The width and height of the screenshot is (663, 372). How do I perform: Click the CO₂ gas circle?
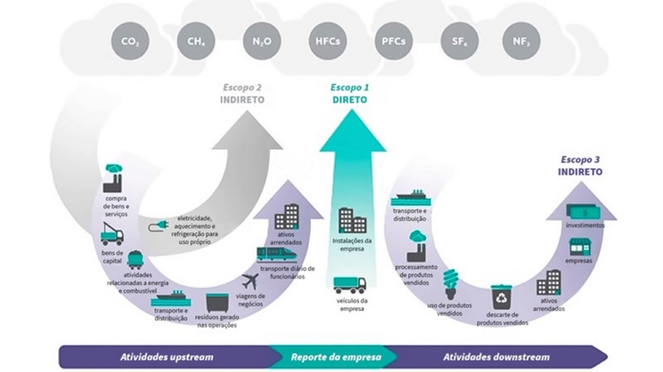130,43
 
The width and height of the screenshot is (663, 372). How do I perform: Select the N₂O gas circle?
260,43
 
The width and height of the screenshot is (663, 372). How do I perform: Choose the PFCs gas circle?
394,43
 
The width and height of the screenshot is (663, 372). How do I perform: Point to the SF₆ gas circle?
459,43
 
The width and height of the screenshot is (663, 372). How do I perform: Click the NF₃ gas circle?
522,43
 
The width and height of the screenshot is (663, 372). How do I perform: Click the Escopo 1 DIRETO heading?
350,93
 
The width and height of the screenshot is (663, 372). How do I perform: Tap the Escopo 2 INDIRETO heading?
242,93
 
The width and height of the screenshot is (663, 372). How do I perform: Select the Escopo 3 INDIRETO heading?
580,165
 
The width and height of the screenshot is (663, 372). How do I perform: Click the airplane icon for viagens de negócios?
251,282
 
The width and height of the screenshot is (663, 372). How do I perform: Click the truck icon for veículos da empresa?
350,285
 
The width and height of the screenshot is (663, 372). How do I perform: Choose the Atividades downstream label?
496,357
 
